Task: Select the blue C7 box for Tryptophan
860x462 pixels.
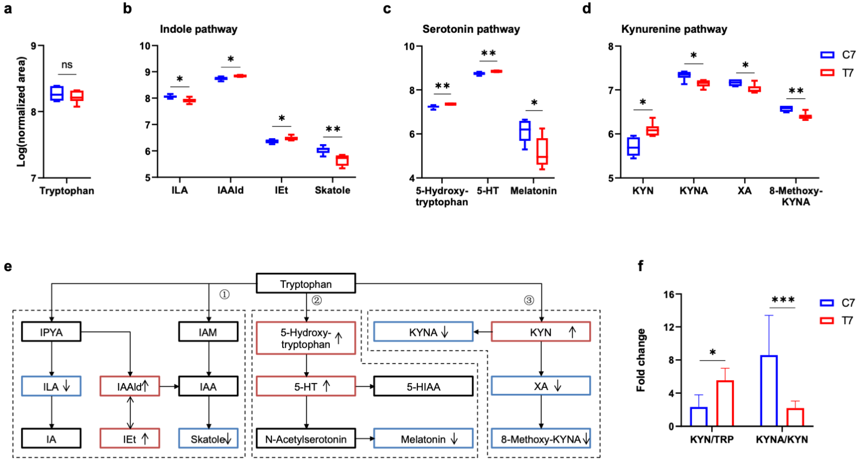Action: (x=57, y=93)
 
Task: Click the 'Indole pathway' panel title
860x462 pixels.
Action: (x=199, y=29)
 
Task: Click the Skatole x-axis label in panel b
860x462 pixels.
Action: (x=333, y=190)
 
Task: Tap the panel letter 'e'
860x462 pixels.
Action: (x=8, y=267)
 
